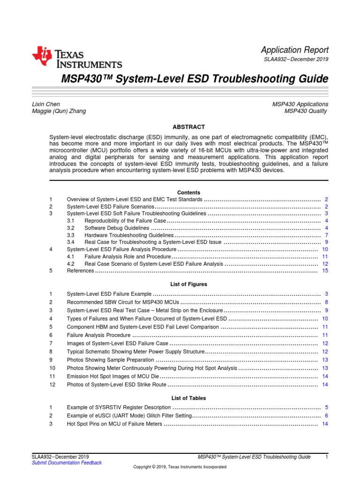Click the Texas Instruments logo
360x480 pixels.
(x=77, y=58)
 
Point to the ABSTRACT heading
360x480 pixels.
(x=188, y=127)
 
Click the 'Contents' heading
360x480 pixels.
(x=188, y=193)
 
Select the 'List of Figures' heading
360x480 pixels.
(x=188, y=284)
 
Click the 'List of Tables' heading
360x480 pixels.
(x=188, y=398)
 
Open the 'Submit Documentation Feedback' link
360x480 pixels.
(x=67, y=463)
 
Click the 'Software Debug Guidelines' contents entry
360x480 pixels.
(x=117, y=228)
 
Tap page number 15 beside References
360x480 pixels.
(x=325, y=271)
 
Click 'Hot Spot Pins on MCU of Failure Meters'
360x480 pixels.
(x=114, y=424)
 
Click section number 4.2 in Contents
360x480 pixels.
(x=71, y=264)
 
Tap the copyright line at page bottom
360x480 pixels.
(x=180, y=467)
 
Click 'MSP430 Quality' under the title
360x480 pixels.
(x=306, y=111)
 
